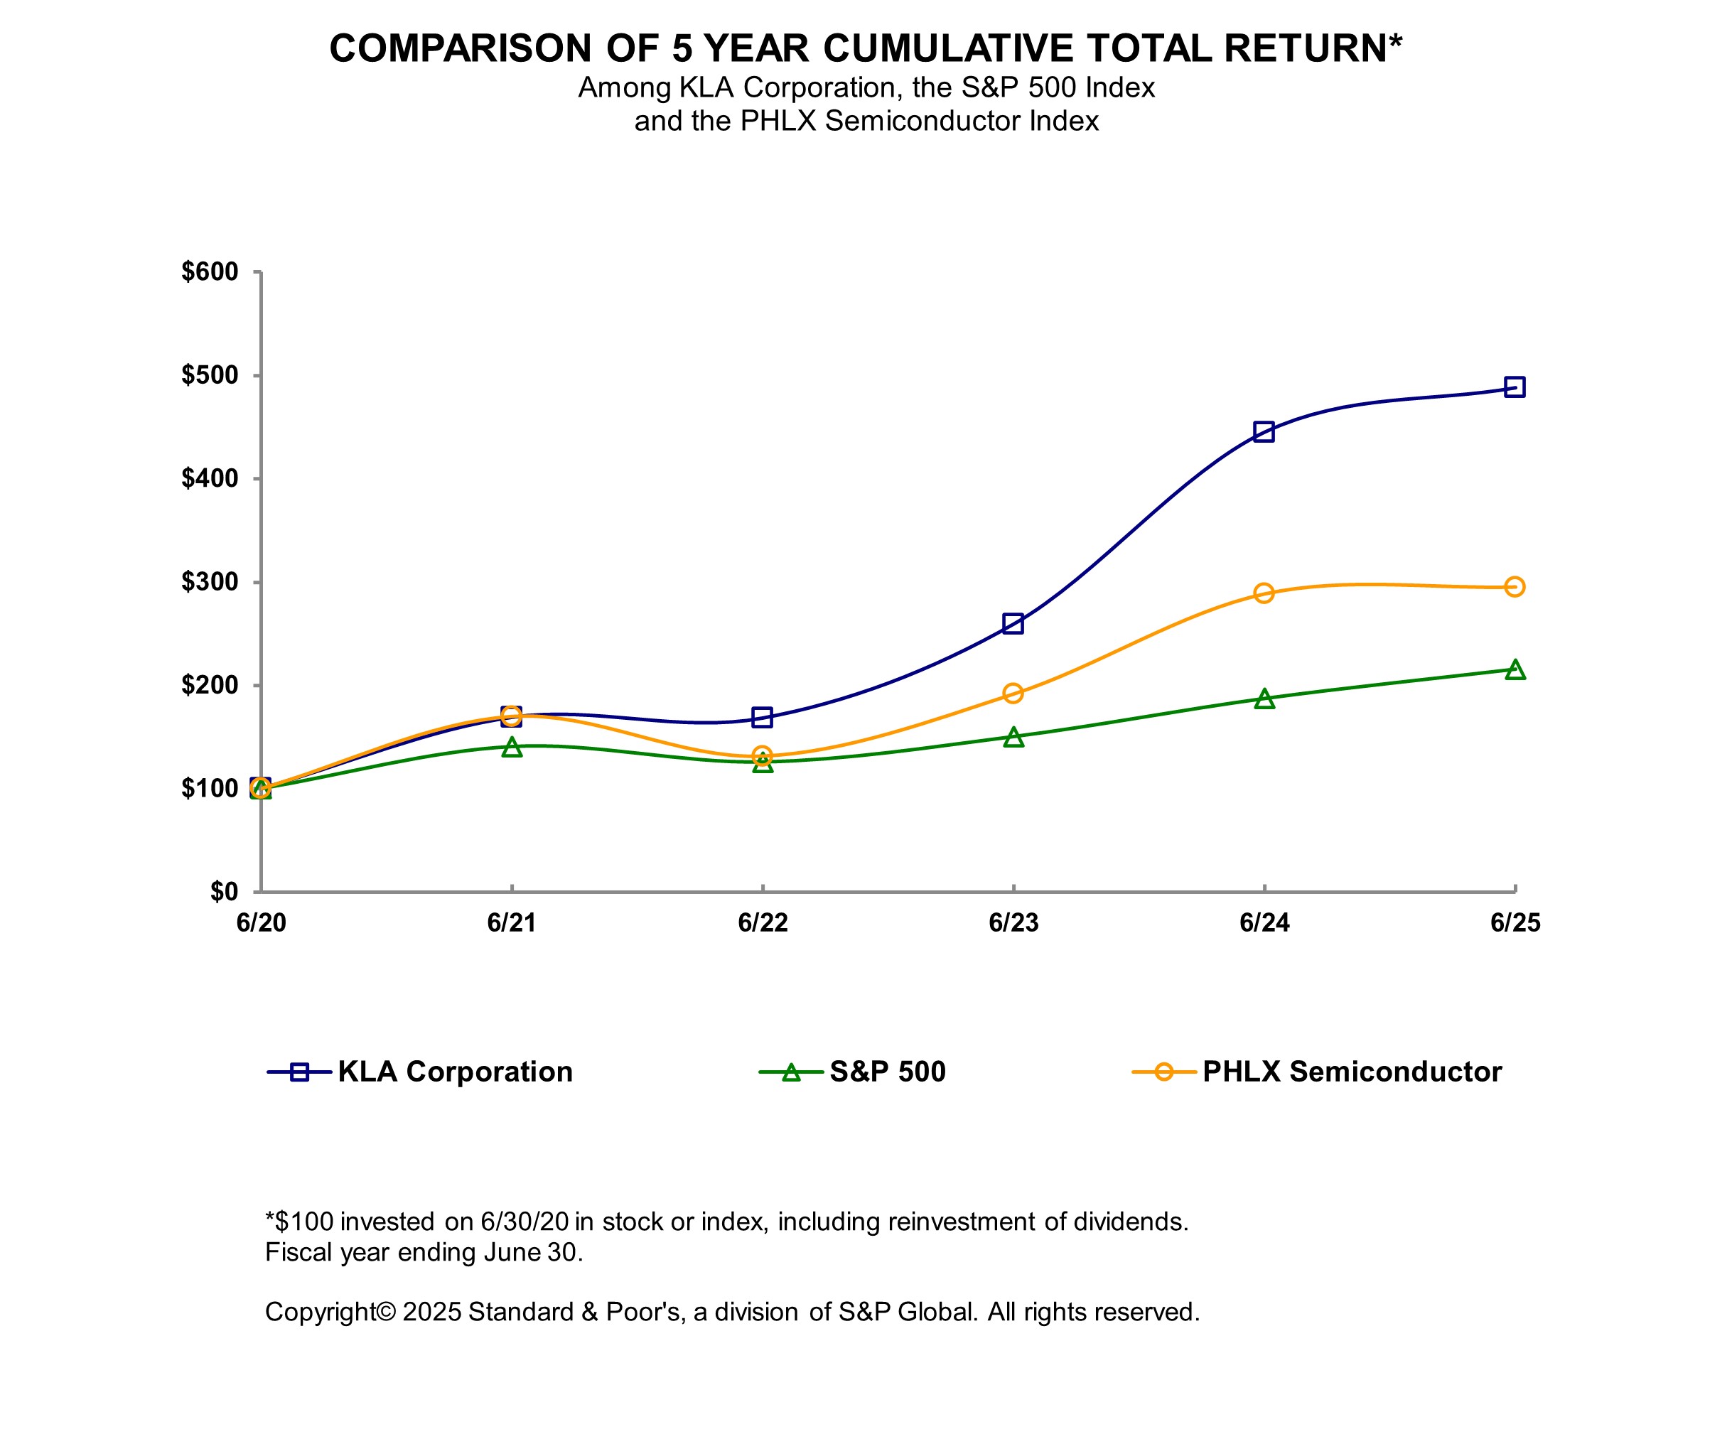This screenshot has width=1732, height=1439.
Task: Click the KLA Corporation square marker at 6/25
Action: (x=1515, y=387)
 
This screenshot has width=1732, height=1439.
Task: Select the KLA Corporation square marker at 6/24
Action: (x=1264, y=431)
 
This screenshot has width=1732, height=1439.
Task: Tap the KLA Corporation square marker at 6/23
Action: (x=1013, y=623)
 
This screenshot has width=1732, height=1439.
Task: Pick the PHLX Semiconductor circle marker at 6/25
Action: (x=1515, y=587)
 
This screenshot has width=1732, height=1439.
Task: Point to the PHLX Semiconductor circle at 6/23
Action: (x=1013, y=694)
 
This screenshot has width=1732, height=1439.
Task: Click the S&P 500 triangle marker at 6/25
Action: (x=1515, y=669)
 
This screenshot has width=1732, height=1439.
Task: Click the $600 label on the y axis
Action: (x=210, y=271)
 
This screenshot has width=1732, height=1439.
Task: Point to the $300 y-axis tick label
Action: (x=210, y=581)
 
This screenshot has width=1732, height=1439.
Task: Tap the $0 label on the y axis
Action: (x=223, y=891)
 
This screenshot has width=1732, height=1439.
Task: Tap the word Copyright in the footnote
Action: (x=320, y=1312)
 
